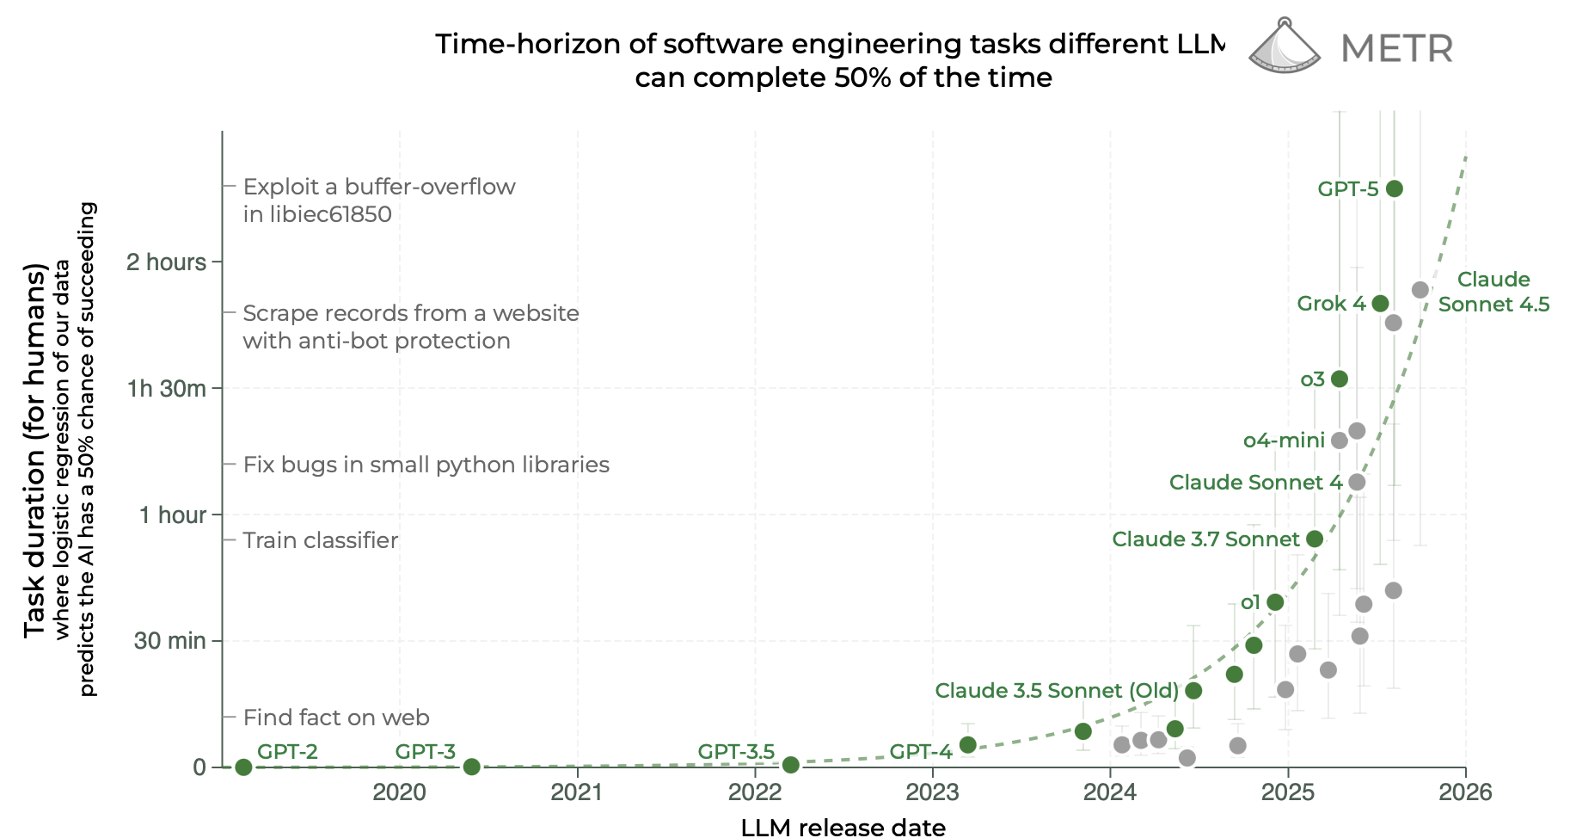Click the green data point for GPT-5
1395,189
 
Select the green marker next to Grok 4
1380,304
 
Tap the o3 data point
1339,379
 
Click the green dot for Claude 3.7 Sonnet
1315,539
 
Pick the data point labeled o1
1275,602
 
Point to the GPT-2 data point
243,767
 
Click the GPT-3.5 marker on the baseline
791,765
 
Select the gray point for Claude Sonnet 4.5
1420,290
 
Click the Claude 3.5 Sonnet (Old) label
1057,691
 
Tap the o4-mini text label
1284,441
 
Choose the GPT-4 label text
921,752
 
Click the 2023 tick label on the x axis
933,792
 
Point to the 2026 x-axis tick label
1465,792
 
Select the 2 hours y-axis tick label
167,262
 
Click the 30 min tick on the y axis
170,641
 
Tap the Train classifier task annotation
321,540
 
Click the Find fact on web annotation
336,718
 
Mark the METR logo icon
1284,46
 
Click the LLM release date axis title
843,827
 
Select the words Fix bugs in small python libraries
426,465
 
